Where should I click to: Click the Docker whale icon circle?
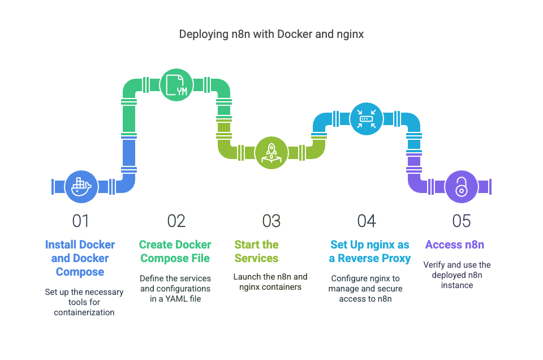(x=81, y=186)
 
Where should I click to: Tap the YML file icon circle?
(x=176, y=85)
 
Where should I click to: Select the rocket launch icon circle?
(x=271, y=152)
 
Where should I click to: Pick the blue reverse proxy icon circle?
(x=366, y=118)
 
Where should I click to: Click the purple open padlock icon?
(x=461, y=186)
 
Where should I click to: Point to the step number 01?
(x=81, y=221)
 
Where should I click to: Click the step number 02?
(x=176, y=221)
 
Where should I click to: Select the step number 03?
(x=271, y=221)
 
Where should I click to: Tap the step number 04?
(x=366, y=221)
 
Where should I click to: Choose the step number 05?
(x=461, y=221)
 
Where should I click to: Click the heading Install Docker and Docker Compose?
(x=80, y=258)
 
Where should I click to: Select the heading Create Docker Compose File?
(x=175, y=251)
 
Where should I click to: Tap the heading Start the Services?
(x=256, y=251)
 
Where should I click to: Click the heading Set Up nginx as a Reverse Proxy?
(x=370, y=251)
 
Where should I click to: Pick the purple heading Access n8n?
(x=455, y=245)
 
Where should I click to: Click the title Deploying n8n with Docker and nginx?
(x=271, y=34)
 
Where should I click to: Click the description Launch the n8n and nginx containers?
(x=270, y=282)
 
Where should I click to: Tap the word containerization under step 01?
(x=84, y=312)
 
